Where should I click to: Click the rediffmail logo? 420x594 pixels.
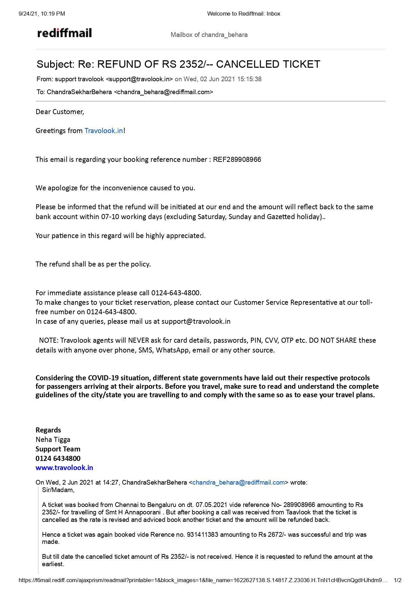coord(64,33)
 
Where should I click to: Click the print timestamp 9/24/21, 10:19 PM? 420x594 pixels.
coord(42,14)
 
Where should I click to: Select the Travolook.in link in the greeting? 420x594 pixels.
coord(104,131)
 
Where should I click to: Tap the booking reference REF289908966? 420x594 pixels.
coord(237,160)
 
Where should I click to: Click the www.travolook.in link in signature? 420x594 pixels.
coord(64,468)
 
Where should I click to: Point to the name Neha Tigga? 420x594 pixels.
coord(53,440)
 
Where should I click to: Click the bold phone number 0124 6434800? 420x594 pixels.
coord(58,459)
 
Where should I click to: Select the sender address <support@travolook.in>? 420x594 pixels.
coord(140,79)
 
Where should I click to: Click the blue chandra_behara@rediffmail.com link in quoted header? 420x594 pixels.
coord(238,483)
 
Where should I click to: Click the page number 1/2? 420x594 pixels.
coord(398,580)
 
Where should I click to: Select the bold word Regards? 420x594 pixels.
coord(48,430)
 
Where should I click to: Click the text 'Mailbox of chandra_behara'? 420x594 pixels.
coord(209,35)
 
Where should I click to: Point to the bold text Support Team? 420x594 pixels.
coord(58,449)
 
